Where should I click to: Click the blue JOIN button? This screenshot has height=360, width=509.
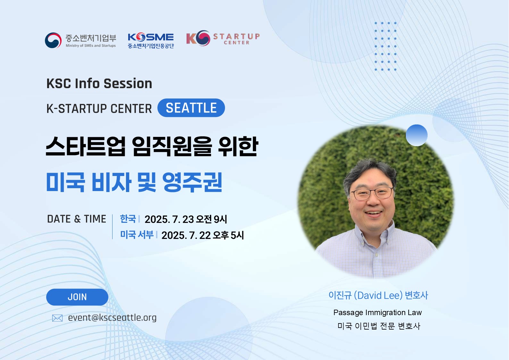(x=77, y=297)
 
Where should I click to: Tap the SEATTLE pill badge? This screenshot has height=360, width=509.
(x=191, y=108)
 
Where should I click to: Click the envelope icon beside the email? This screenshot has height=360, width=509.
(x=57, y=318)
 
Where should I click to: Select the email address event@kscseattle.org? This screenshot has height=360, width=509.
(x=112, y=318)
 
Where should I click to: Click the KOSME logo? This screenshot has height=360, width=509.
(x=151, y=40)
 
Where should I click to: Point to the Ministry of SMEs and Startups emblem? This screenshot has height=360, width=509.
(x=53, y=40)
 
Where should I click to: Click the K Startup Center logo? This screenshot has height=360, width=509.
(x=223, y=38)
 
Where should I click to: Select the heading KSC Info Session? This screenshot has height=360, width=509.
(x=99, y=83)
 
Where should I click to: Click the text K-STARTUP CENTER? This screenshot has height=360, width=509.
(x=99, y=108)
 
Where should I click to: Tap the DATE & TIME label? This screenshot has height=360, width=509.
(x=77, y=219)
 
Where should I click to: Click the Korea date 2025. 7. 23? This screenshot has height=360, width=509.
(x=169, y=219)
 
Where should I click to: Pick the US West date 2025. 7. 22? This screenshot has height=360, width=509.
(x=186, y=235)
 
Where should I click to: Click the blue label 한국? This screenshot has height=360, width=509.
(x=128, y=219)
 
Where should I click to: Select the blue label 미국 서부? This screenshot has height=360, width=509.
(x=137, y=235)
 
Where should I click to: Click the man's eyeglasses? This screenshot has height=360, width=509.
(x=372, y=194)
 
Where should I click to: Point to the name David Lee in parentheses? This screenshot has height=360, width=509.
(x=378, y=296)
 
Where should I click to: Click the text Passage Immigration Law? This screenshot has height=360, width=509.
(x=378, y=313)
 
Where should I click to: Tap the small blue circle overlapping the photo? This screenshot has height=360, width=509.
(x=417, y=135)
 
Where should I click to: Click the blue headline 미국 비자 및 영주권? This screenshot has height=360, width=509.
(x=134, y=182)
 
